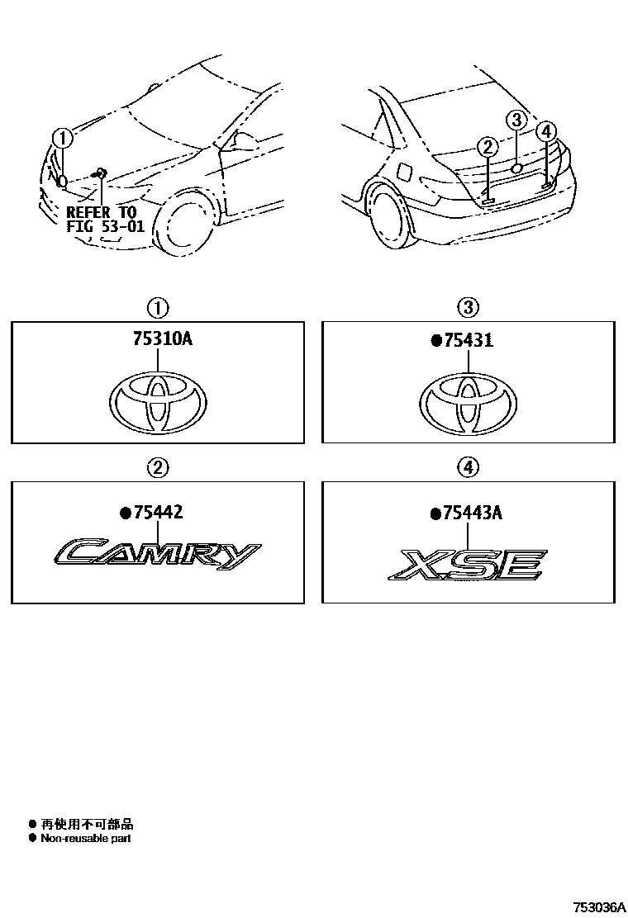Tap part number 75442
click(157, 513)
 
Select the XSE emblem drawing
click(468, 565)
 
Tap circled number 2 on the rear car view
click(488, 148)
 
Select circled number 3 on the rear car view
click(515, 121)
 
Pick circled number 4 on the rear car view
click(546, 131)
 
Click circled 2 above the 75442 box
click(157, 468)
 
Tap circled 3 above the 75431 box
click(468, 308)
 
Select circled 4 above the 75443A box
click(468, 468)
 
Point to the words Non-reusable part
click(85, 839)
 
